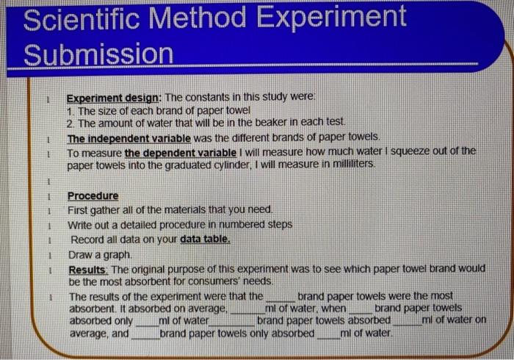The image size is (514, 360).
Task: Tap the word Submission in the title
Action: (98, 54)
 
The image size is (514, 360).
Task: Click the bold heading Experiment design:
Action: (114, 98)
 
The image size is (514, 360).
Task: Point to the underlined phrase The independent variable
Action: (128, 137)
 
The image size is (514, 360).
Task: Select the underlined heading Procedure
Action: (93, 196)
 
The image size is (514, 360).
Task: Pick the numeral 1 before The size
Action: (70, 111)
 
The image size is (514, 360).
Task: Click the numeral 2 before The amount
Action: (70, 124)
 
